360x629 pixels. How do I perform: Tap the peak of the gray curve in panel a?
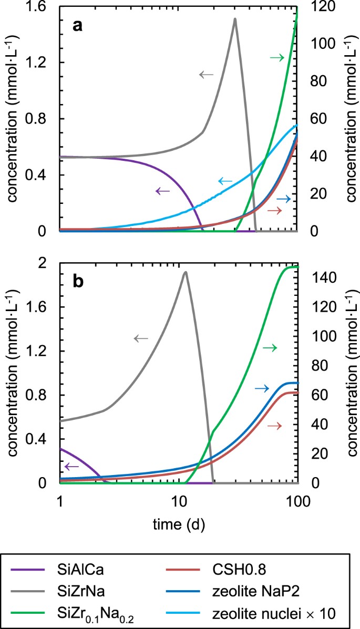coord(235,19)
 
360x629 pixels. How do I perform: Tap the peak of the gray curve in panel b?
coord(185,272)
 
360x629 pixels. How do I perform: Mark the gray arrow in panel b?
coord(142,338)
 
